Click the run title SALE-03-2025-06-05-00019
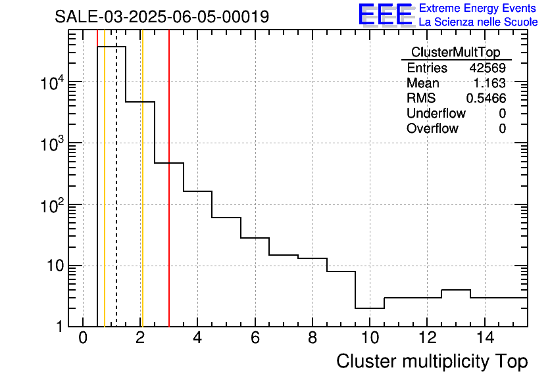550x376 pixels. pyautogui.click(x=162, y=16)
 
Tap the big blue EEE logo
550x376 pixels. pyautogui.click(x=385, y=14)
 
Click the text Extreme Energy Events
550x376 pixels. pyautogui.click(x=478, y=9)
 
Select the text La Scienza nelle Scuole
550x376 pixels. pyautogui.click(x=478, y=22)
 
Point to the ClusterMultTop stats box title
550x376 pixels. pyautogui.click(x=456, y=53)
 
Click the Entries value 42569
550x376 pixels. pyautogui.click(x=488, y=68)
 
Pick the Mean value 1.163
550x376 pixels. pyautogui.click(x=489, y=83)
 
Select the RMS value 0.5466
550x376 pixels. pyautogui.click(x=486, y=99)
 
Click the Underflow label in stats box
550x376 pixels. pyautogui.click(x=436, y=114)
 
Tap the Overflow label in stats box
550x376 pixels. pyautogui.click(x=432, y=129)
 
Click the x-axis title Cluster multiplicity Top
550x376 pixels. pyautogui.click(x=432, y=362)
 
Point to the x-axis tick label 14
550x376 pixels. pyautogui.click(x=484, y=338)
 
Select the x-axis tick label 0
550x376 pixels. pyautogui.click(x=83, y=338)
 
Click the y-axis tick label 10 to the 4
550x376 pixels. pyautogui.click(x=52, y=83)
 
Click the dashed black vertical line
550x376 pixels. pyautogui.click(x=116, y=197)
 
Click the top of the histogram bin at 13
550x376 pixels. pyautogui.click(x=456, y=290)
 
